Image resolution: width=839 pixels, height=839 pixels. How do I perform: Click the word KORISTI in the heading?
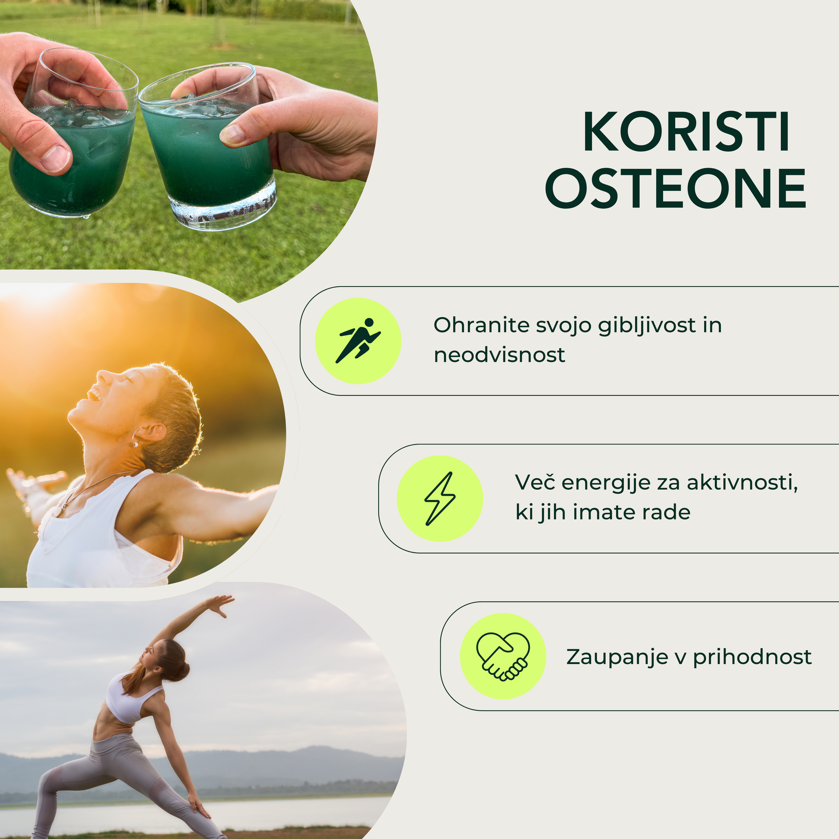pos(686,131)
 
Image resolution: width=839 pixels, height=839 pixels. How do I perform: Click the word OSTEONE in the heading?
pos(676,188)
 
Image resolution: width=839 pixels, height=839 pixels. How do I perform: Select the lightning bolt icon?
pos(439,498)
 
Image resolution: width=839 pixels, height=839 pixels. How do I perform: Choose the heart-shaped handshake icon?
pos(503,656)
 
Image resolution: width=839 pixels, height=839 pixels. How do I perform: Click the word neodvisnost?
pos(499,355)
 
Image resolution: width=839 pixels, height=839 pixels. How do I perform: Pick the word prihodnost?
pos(752,657)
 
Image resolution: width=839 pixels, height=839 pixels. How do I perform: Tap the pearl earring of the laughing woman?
pos(135,444)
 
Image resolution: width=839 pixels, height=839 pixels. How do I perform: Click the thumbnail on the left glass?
pos(55,159)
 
